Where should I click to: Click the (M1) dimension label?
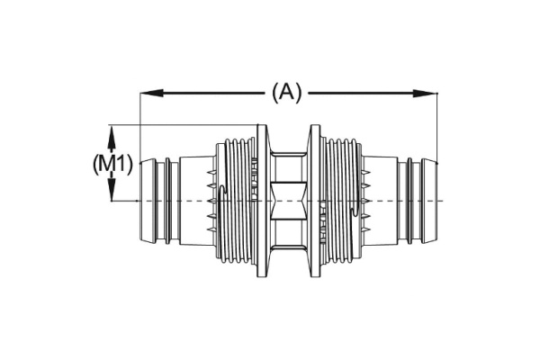click(x=114, y=164)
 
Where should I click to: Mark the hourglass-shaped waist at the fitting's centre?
click(x=288, y=199)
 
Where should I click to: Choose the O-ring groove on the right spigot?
click(x=410, y=200)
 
